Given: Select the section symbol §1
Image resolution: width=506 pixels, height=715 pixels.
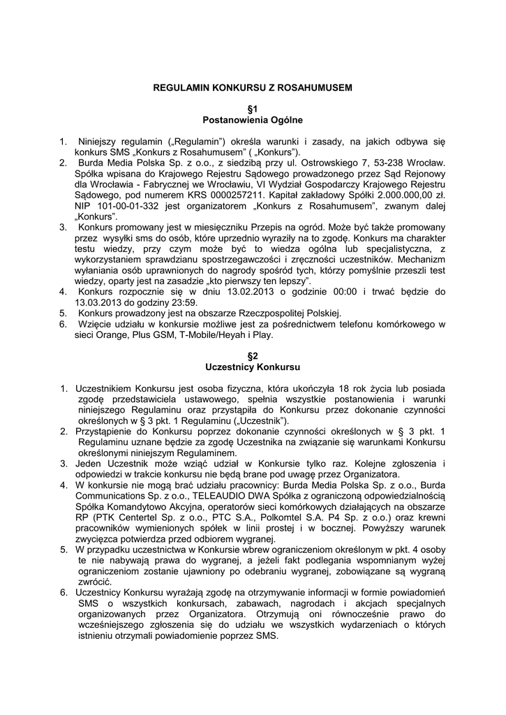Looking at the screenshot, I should pyautogui.click(x=253, y=110).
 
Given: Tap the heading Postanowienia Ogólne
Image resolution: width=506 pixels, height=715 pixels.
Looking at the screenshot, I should pyautogui.click(x=253, y=120).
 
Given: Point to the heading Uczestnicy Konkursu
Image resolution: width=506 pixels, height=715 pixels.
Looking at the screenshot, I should pyautogui.click(x=253, y=367).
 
